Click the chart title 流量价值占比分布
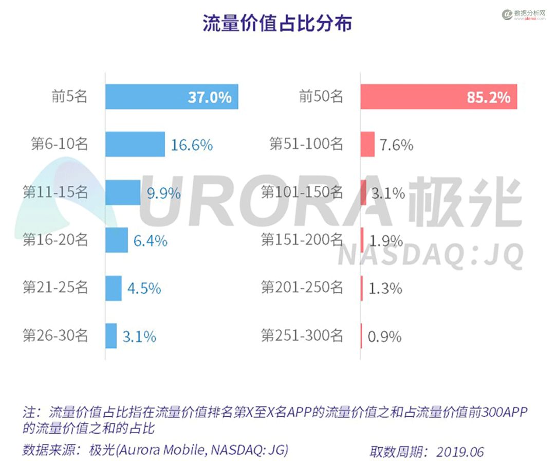[277, 24]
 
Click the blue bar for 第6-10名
[135, 145]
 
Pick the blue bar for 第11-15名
[123, 192]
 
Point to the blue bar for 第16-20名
[117, 240]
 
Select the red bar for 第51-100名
[367, 145]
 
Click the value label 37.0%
[209, 97]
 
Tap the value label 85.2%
[488, 97]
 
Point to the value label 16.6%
[192, 145]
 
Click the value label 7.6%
[396, 145]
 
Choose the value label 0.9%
[384, 337]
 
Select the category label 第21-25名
[55, 288]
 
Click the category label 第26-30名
[55, 335]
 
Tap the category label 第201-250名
[302, 288]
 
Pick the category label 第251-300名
[302, 335]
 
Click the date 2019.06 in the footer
[460, 452]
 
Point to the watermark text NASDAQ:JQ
[431, 254]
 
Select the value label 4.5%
[144, 289]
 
